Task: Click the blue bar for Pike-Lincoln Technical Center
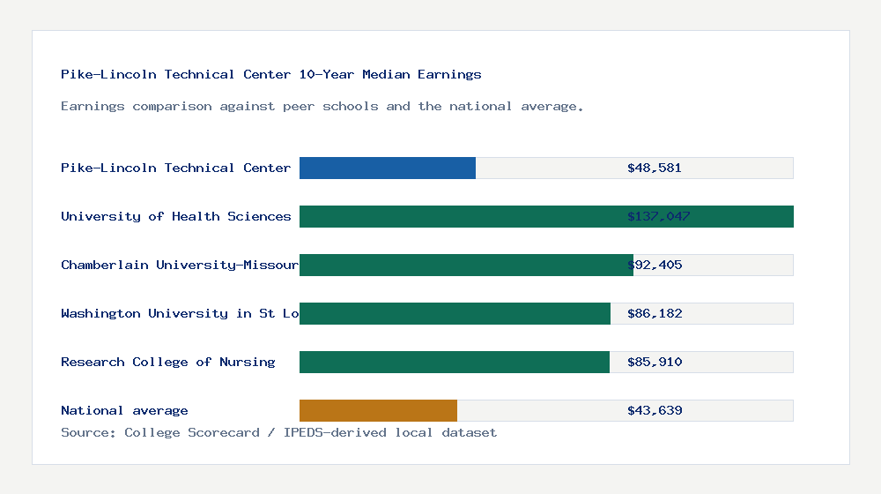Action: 388,168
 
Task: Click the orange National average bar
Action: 378,410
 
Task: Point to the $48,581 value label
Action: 655,168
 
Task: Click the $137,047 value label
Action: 659,216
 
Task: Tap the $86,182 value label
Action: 655,313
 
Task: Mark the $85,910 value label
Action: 655,362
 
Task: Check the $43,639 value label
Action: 655,410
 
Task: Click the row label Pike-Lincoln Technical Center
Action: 175,168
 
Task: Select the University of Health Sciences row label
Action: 175,216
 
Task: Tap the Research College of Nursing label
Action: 167,362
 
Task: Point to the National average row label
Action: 124,410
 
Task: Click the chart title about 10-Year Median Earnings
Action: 271,75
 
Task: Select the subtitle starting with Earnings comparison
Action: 322,107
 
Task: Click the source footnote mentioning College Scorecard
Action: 278,432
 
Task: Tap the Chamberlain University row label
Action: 180,265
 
